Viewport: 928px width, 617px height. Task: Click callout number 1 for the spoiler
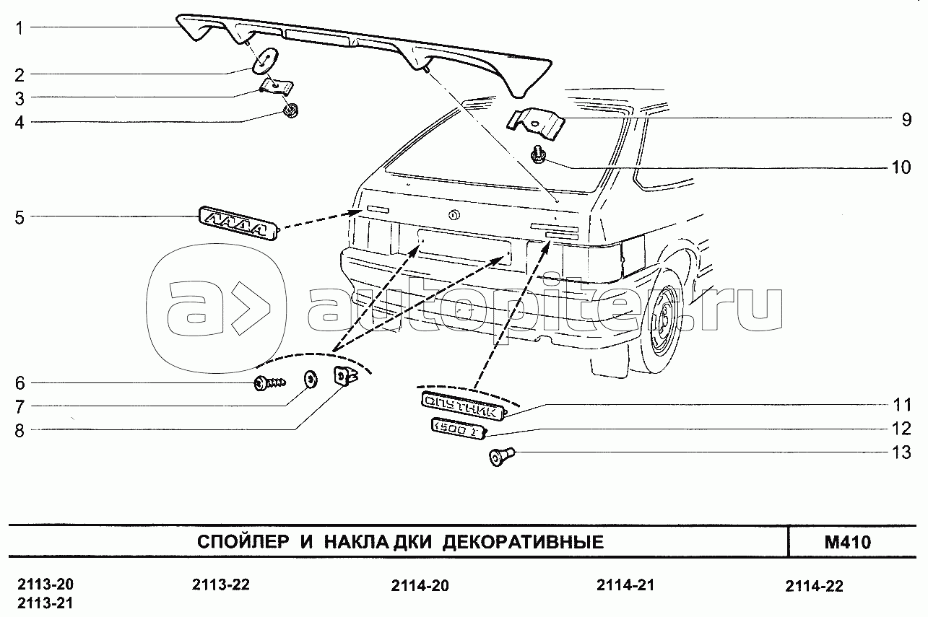click(19, 29)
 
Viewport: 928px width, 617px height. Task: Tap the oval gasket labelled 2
click(266, 61)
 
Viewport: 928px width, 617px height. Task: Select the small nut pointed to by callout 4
click(291, 111)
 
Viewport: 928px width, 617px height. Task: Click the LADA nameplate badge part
click(238, 223)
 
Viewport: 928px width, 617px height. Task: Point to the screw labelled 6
click(269, 383)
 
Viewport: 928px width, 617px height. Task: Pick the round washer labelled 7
click(311, 380)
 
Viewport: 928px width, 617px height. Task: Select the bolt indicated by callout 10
click(538, 154)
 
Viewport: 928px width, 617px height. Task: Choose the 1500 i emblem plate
click(458, 429)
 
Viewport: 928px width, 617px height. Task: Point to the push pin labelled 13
click(501, 457)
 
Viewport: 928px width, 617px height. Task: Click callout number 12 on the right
click(901, 429)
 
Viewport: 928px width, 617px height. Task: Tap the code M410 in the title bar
click(848, 543)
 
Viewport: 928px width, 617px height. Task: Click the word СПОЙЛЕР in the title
click(243, 542)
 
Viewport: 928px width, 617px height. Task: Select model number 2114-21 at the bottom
click(625, 585)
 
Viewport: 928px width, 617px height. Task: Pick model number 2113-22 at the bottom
click(221, 585)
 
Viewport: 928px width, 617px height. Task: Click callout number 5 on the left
click(19, 217)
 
